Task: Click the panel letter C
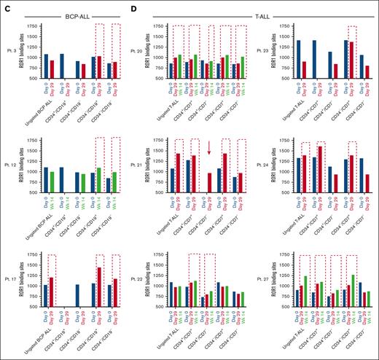6,6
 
